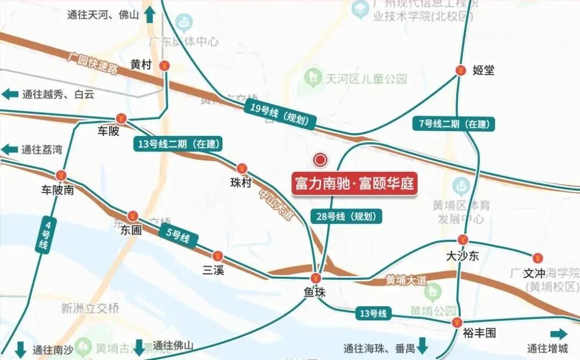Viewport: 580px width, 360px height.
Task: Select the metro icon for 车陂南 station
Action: (x=61, y=175)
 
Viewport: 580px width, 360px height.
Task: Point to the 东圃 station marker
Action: (x=133, y=216)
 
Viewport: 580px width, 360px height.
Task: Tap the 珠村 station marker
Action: (x=242, y=169)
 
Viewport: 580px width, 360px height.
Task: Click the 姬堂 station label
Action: (x=483, y=70)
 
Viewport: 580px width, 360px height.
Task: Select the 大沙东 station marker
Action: (x=463, y=240)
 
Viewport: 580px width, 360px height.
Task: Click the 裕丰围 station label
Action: (x=479, y=333)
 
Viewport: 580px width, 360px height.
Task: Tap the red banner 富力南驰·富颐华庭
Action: (x=354, y=184)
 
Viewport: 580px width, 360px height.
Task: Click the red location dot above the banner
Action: (x=321, y=160)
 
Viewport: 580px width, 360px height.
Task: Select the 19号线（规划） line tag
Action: (x=279, y=114)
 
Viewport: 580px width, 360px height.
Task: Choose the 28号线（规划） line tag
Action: (x=347, y=217)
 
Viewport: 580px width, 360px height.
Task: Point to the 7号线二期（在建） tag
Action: (x=454, y=124)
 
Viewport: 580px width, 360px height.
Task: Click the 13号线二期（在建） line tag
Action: (x=178, y=143)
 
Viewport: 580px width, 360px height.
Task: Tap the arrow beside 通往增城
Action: (x=559, y=334)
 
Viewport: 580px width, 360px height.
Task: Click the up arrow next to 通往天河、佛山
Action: (x=150, y=15)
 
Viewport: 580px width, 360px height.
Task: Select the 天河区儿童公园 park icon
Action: (x=311, y=78)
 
